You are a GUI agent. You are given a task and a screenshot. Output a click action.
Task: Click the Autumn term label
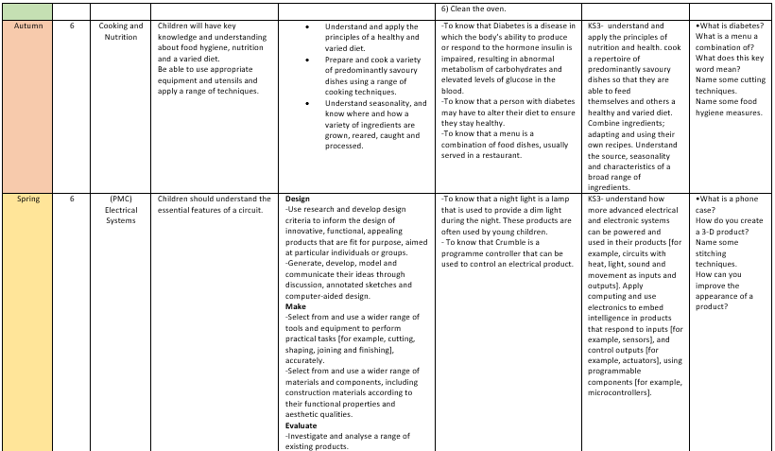pyautogui.click(x=27, y=26)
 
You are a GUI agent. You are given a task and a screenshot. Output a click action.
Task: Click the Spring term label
pyautogui.click(x=27, y=199)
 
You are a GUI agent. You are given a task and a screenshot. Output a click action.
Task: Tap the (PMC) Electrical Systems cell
pyautogui.click(x=121, y=210)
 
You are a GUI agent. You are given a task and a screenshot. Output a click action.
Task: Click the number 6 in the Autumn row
pyautogui.click(x=72, y=26)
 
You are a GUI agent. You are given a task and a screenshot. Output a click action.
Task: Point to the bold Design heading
pyautogui.click(x=298, y=199)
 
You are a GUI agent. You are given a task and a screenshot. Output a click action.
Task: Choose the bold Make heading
pyautogui.click(x=295, y=306)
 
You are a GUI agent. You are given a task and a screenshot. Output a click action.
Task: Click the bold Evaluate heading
pyautogui.click(x=301, y=425)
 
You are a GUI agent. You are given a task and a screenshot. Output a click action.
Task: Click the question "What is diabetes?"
pyautogui.click(x=729, y=26)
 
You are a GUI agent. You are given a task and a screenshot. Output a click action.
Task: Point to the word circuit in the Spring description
pyautogui.click(x=246, y=210)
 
